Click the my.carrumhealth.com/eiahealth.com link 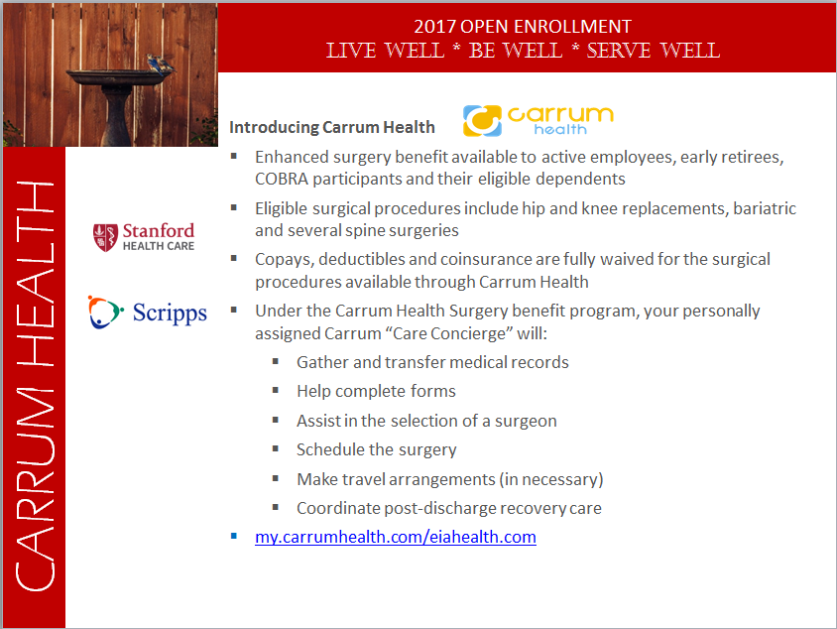pyautogui.click(x=396, y=537)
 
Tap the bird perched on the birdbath pyautogui.click(x=160, y=64)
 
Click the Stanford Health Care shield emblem pyautogui.click(x=105, y=237)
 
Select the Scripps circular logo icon pyautogui.click(x=106, y=312)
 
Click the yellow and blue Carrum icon pyautogui.click(x=482, y=121)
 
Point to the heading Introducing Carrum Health pyautogui.click(x=332, y=127)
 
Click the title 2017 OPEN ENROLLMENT pyautogui.click(x=523, y=26)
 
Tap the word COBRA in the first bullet pyautogui.click(x=282, y=179)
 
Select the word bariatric pyautogui.click(x=765, y=208)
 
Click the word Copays pyautogui.click(x=283, y=260)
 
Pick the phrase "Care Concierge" pyautogui.click(x=449, y=333)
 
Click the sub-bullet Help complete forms pyautogui.click(x=376, y=392)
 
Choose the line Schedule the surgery pyautogui.click(x=376, y=450)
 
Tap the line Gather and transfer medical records pyautogui.click(x=433, y=362)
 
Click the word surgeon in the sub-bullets pyautogui.click(x=526, y=422)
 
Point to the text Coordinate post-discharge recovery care pyautogui.click(x=449, y=508)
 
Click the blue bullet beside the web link pyautogui.click(x=234, y=536)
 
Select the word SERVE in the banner pyautogui.click(x=619, y=51)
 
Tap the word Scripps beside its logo pyautogui.click(x=170, y=314)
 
